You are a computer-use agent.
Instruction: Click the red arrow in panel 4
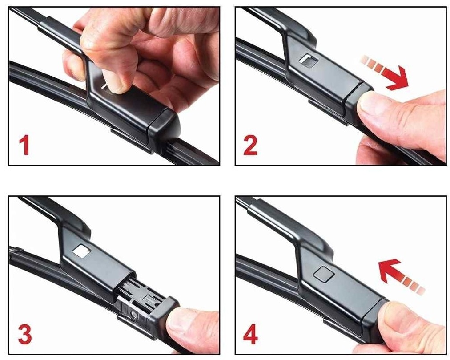[400, 276]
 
